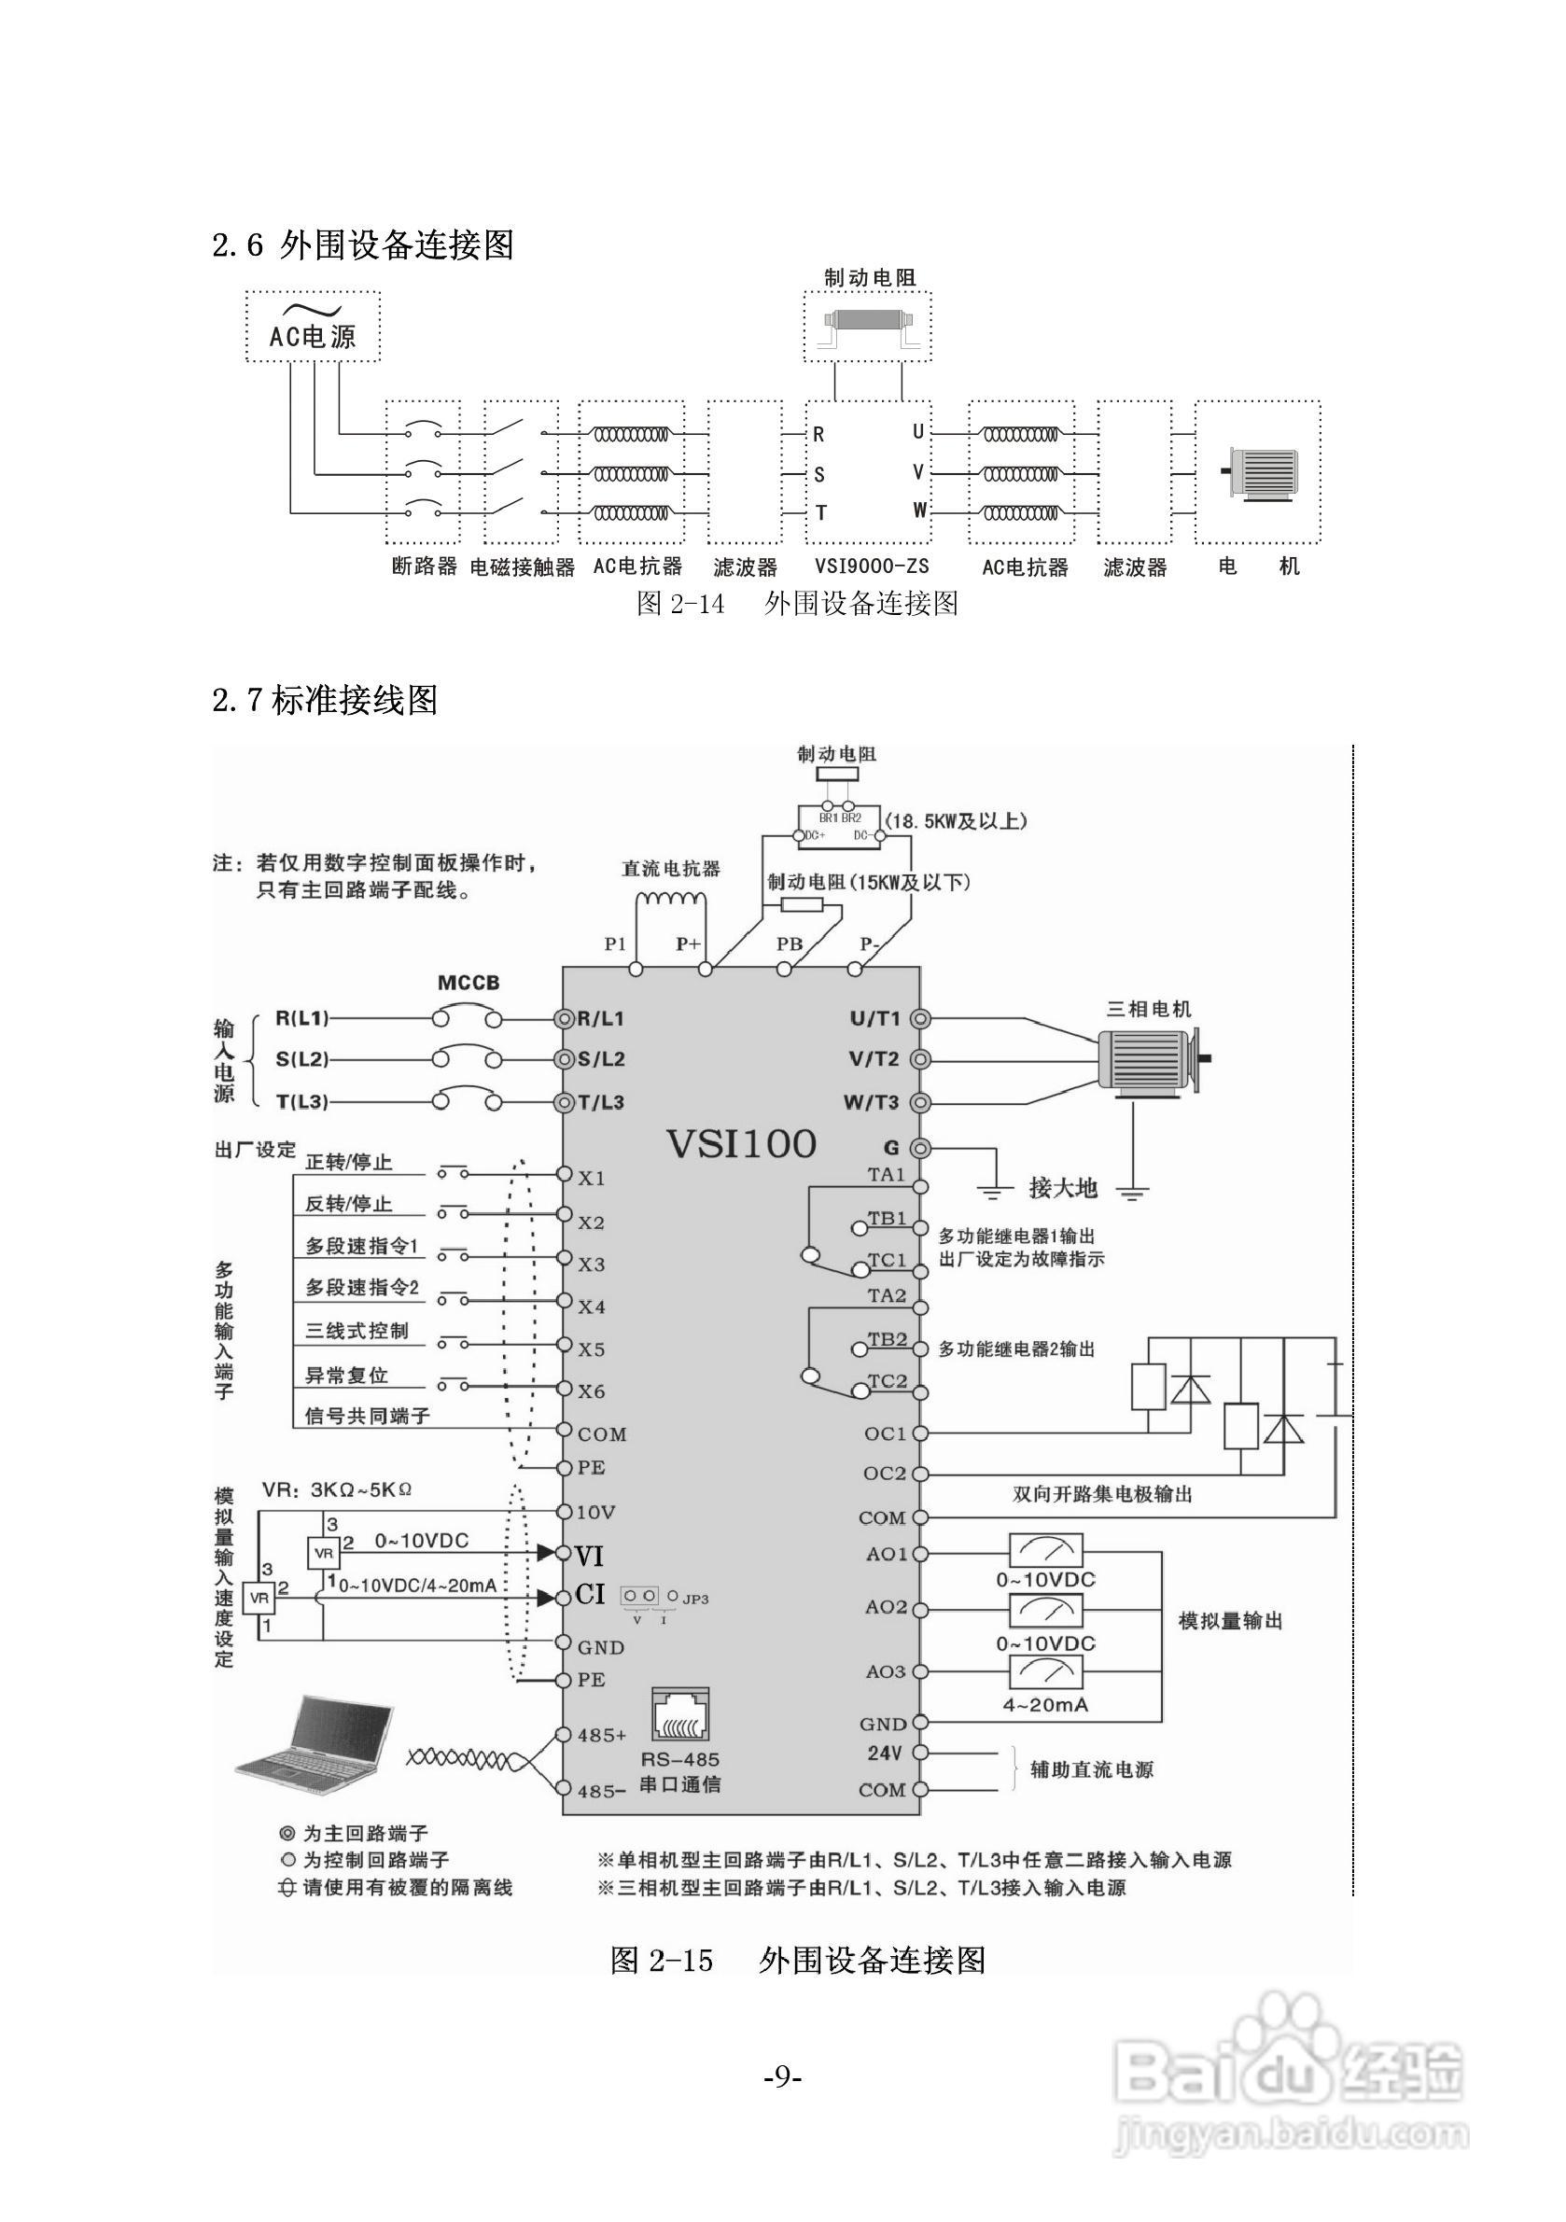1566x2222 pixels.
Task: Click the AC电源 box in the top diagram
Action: click(312, 328)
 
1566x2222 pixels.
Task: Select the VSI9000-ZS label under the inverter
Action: click(870, 566)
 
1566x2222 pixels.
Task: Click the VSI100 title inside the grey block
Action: click(740, 1144)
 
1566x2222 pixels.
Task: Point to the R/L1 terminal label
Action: click(601, 1019)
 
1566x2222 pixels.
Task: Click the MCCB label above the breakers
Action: click(468, 984)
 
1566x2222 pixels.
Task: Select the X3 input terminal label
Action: click(592, 1265)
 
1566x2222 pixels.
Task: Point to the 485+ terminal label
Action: click(602, 1735)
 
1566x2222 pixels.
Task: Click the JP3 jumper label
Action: click(695, 1599)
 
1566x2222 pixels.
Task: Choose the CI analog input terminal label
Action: click(590, 1594)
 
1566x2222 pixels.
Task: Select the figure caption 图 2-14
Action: click(680, 604)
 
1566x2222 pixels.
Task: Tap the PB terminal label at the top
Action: click(790, 943)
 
